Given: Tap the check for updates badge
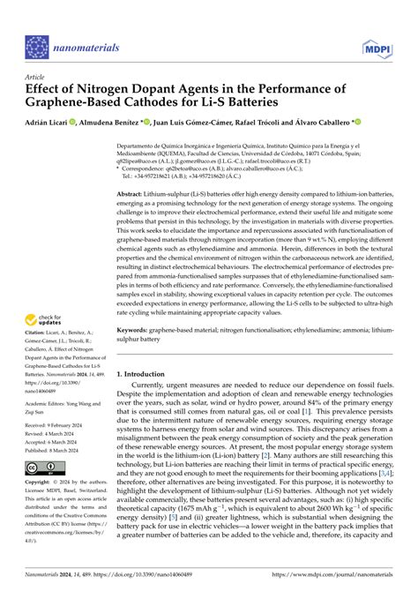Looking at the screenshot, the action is (44, 319).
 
